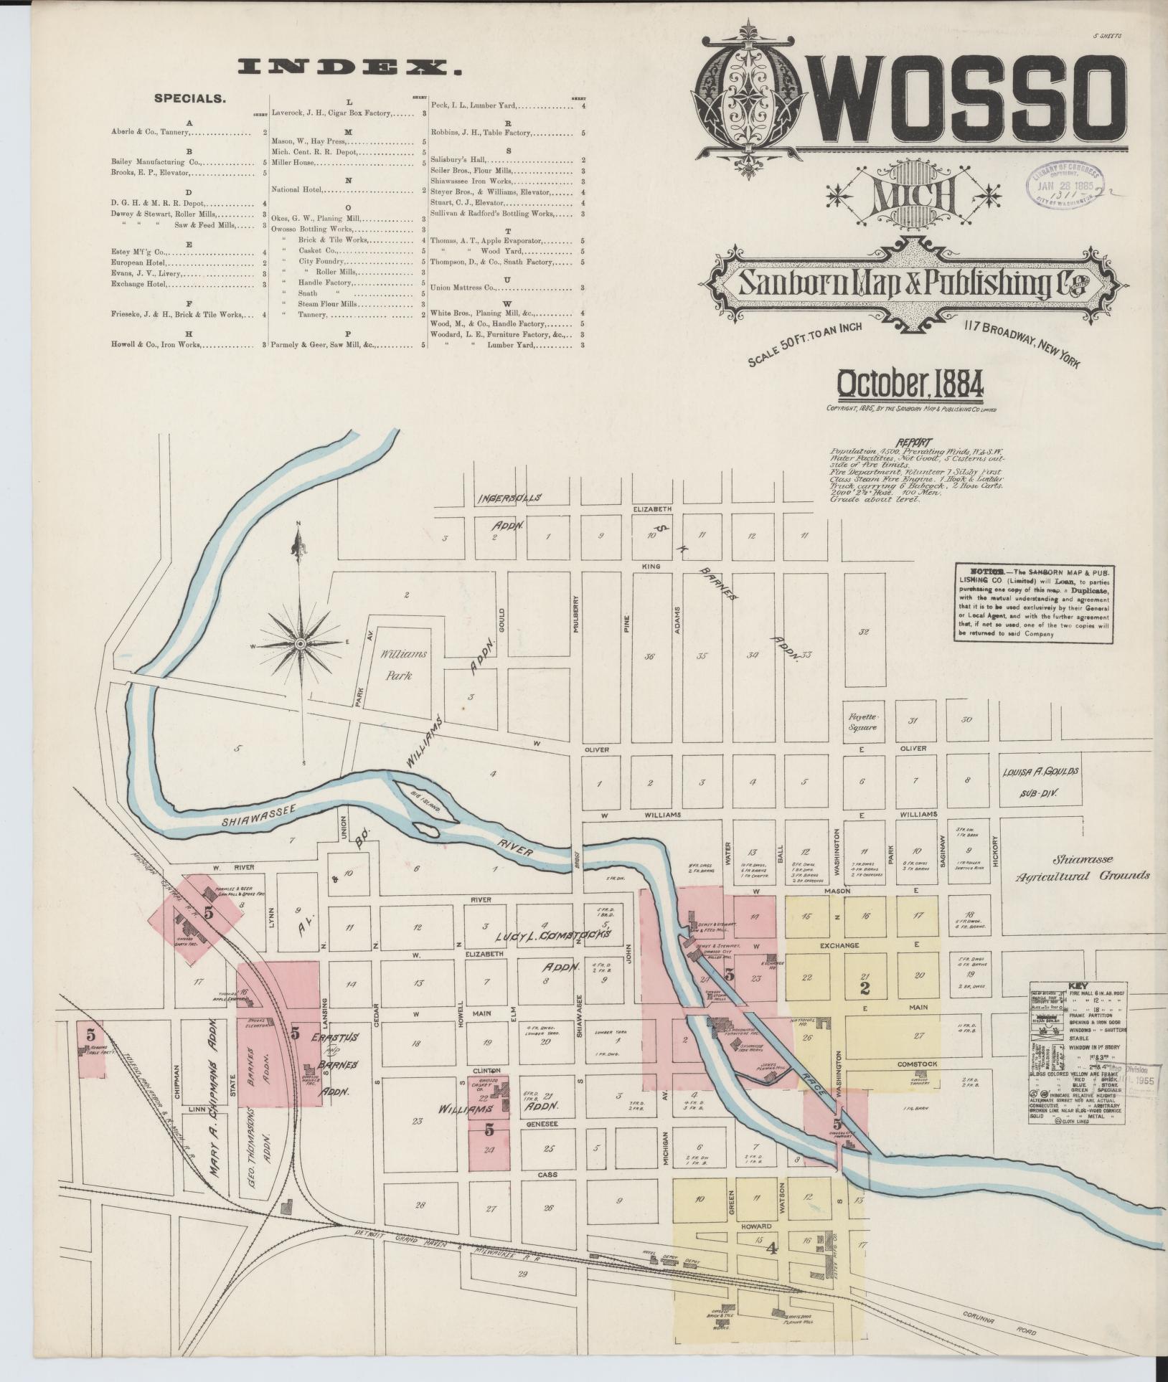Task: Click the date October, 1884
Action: [x=909, y=386]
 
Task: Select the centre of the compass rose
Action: [x=302, y=643]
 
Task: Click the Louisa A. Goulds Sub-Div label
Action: [x=1042, y=783]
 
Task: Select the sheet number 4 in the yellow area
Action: [x=772, y=1249]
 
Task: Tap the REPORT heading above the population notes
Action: [x=915, y=442]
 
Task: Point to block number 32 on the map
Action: [x=863, y=632]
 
